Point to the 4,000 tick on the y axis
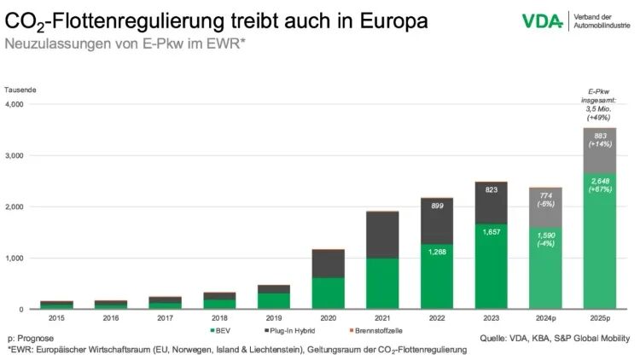[x=15, y=104]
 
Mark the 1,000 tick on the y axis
[x=15, y=258]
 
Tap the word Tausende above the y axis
[x=20, y=90]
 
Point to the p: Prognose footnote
[x=29, y=338]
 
